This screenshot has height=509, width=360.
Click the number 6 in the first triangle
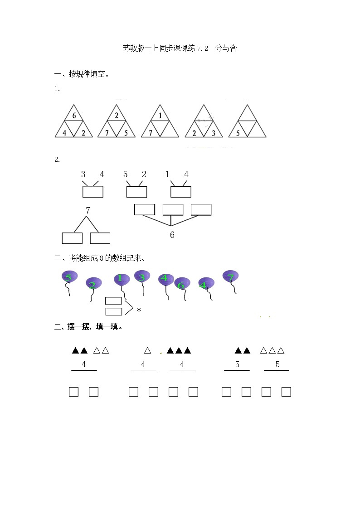point(74,116)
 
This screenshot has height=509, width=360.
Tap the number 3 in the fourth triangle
point(213,133)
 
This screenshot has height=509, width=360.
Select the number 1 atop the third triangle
point(160,116)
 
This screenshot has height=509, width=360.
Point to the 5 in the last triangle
point(238,133)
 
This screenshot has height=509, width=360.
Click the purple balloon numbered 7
point(230,276)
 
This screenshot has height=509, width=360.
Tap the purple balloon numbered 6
point(182,284)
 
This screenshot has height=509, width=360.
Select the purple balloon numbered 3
point(142,276)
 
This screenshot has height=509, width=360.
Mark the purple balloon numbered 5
point(69,276)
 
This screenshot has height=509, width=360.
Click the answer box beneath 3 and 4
point(93,192)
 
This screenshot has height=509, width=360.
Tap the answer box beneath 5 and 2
point(136,192)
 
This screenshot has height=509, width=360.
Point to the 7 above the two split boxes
point(88,210)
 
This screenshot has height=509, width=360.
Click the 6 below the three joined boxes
point(172,235)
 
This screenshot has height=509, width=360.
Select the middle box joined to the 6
point(173,209)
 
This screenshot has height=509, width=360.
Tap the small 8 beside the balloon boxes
point(139,310)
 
